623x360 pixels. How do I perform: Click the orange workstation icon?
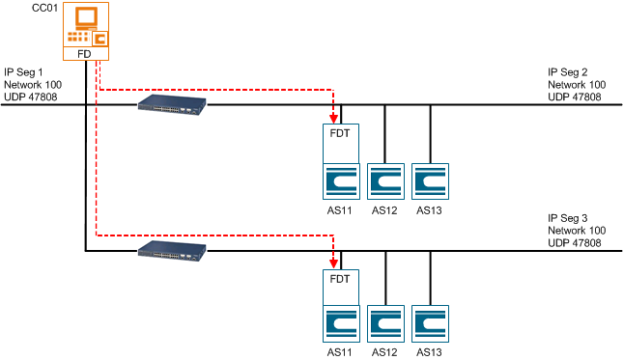click(85, 26)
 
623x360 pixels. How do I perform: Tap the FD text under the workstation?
click(85, 55)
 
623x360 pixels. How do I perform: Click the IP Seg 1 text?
click(25, 72)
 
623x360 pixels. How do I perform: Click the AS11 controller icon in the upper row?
click(340, 180)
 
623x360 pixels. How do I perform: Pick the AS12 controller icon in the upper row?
click(384, 180)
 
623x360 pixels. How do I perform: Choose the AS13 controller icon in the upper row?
click(429, 180)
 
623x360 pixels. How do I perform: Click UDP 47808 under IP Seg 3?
click(575, 244)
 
